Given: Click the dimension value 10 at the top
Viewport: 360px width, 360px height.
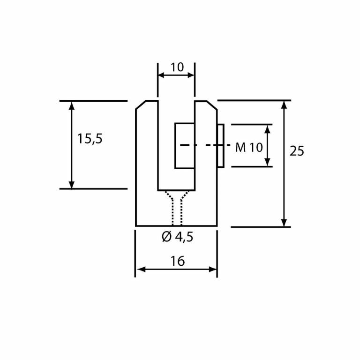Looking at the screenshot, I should [x=177, y=67].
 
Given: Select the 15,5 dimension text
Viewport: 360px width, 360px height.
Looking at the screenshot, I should [x=90, y=139].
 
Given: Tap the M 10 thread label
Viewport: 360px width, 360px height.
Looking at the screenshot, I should [x=248, y=148].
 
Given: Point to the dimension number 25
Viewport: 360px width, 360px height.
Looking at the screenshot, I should [x=297, y=151].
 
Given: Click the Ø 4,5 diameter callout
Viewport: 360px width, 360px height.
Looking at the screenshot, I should [x=177, y=237].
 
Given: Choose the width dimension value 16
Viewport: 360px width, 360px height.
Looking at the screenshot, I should [x=178, y=261].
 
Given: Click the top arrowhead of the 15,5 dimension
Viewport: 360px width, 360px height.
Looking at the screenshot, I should [x=72, y=105].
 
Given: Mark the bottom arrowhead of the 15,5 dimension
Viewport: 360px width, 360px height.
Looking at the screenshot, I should [x=72, y=185].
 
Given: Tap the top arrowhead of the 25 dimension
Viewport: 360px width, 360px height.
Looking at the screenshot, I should [x=284, y=105].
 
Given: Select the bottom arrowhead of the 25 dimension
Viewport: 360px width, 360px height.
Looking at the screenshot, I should [x=284, y=222].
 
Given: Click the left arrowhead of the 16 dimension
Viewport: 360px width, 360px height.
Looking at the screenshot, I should [x=140, y=270].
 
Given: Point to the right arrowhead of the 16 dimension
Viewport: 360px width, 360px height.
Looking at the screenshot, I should [x=213, y=270].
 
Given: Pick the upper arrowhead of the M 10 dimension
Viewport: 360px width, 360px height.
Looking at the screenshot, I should [x=267, y=128].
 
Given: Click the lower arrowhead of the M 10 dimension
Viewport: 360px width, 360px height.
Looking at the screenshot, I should [x=267, y=162].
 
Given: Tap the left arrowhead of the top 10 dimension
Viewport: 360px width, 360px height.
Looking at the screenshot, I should [x=161, y=75].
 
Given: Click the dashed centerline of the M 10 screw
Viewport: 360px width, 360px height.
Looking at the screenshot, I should [x=202, y=145].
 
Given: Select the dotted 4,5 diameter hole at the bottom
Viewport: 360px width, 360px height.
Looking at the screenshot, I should [x=177, y=211].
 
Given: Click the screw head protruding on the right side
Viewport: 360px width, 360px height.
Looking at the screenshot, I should [x=220, y=145].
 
